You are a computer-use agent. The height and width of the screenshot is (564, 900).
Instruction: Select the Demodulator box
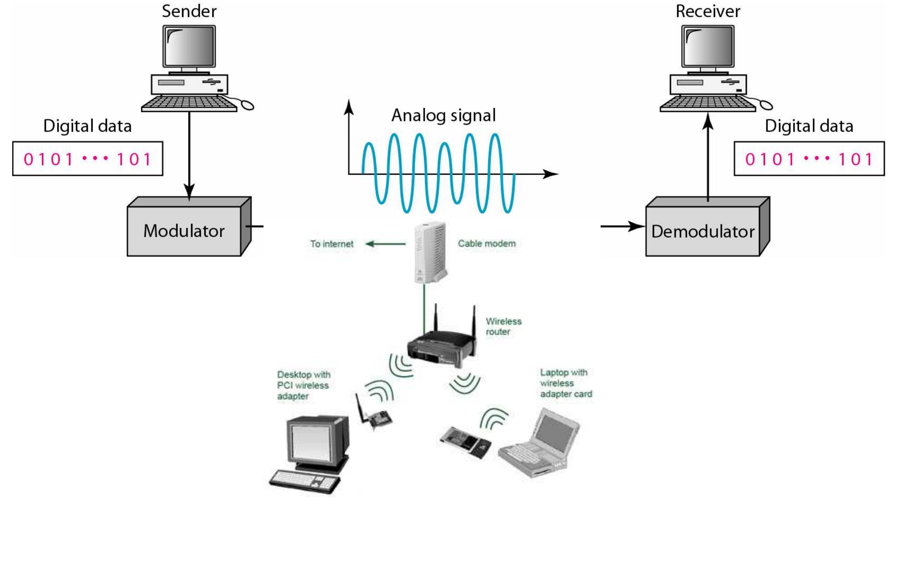[x=702, y=231]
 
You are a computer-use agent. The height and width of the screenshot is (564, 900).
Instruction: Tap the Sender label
[x=189, y=11]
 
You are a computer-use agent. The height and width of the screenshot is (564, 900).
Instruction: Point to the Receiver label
[x=708, y=11]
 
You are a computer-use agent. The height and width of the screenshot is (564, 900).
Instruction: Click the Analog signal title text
[x=443, y=115]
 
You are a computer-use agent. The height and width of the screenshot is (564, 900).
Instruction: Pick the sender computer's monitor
[x=189, y=46]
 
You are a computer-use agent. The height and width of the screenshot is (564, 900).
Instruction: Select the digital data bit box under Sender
[x=88, y=159]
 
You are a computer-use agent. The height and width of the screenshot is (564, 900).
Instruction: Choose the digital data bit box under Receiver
[x=809, y=159]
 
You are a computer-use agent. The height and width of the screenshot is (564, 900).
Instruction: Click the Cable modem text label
[x=486, y=244]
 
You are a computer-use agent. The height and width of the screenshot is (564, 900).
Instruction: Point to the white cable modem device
[x=430, y=252]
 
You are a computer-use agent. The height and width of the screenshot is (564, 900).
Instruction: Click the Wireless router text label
[x=503, y=326]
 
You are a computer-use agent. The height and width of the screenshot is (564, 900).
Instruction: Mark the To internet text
[x=332, y=244]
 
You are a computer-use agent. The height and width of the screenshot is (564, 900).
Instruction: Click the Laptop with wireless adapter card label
[x=565, y=383]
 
